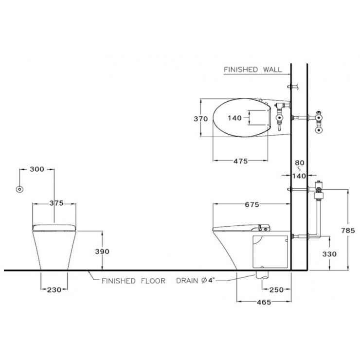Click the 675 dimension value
click(x=252, y=204)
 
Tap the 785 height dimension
click(x=348, y=230)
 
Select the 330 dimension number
click(x=329, y=254)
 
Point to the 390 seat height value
click(x=102, y=252)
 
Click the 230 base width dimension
click(x=54, y=290)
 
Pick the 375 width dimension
click(x=56, y=203)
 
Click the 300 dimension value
click(x=37, y=169)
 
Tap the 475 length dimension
click(x=241, y=161)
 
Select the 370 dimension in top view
click(x=200, y=119)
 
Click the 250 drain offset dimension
click(x=276, y=290)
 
